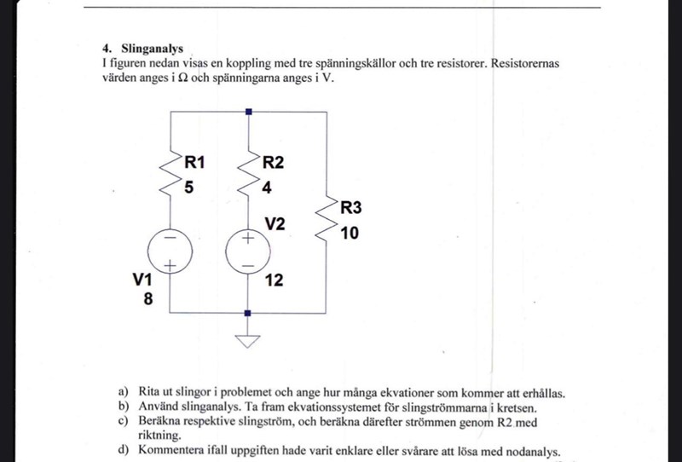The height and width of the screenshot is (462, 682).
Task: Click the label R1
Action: pyautogui.click(x=197, y=161)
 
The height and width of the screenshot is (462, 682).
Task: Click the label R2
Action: pyautogui.click(x=274, y=161)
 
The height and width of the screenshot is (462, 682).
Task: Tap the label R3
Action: pyautogui.click(x=350, y=207)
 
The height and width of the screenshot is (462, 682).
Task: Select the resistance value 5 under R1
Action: pyautogui.click(x=190, y=187)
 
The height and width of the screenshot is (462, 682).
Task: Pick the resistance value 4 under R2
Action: pyautogui.click(x=267, y=187)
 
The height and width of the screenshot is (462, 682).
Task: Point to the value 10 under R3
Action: pyautogui.click(x=350, y=232)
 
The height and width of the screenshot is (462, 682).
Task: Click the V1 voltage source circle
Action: pyautogui.click(x=170, y=253)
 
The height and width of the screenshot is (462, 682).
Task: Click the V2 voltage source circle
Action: pyautogui.click(x=247, y=253)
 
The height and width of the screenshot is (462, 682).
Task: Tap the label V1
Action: pyautogui.click(x=142, y=279)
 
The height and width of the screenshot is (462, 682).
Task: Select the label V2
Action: pyautogui.click(x=275, y=223)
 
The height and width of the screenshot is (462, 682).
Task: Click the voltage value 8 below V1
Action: pyautogui.click(x=147, y=298)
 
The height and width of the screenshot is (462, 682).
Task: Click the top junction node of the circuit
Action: pyautogui.click(x=247, y=112)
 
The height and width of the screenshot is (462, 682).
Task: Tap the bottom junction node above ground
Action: pyautogui.click(x=247, y=313)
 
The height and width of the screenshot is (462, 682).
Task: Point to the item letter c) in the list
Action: pyautogui.click(x=123, y=421)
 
